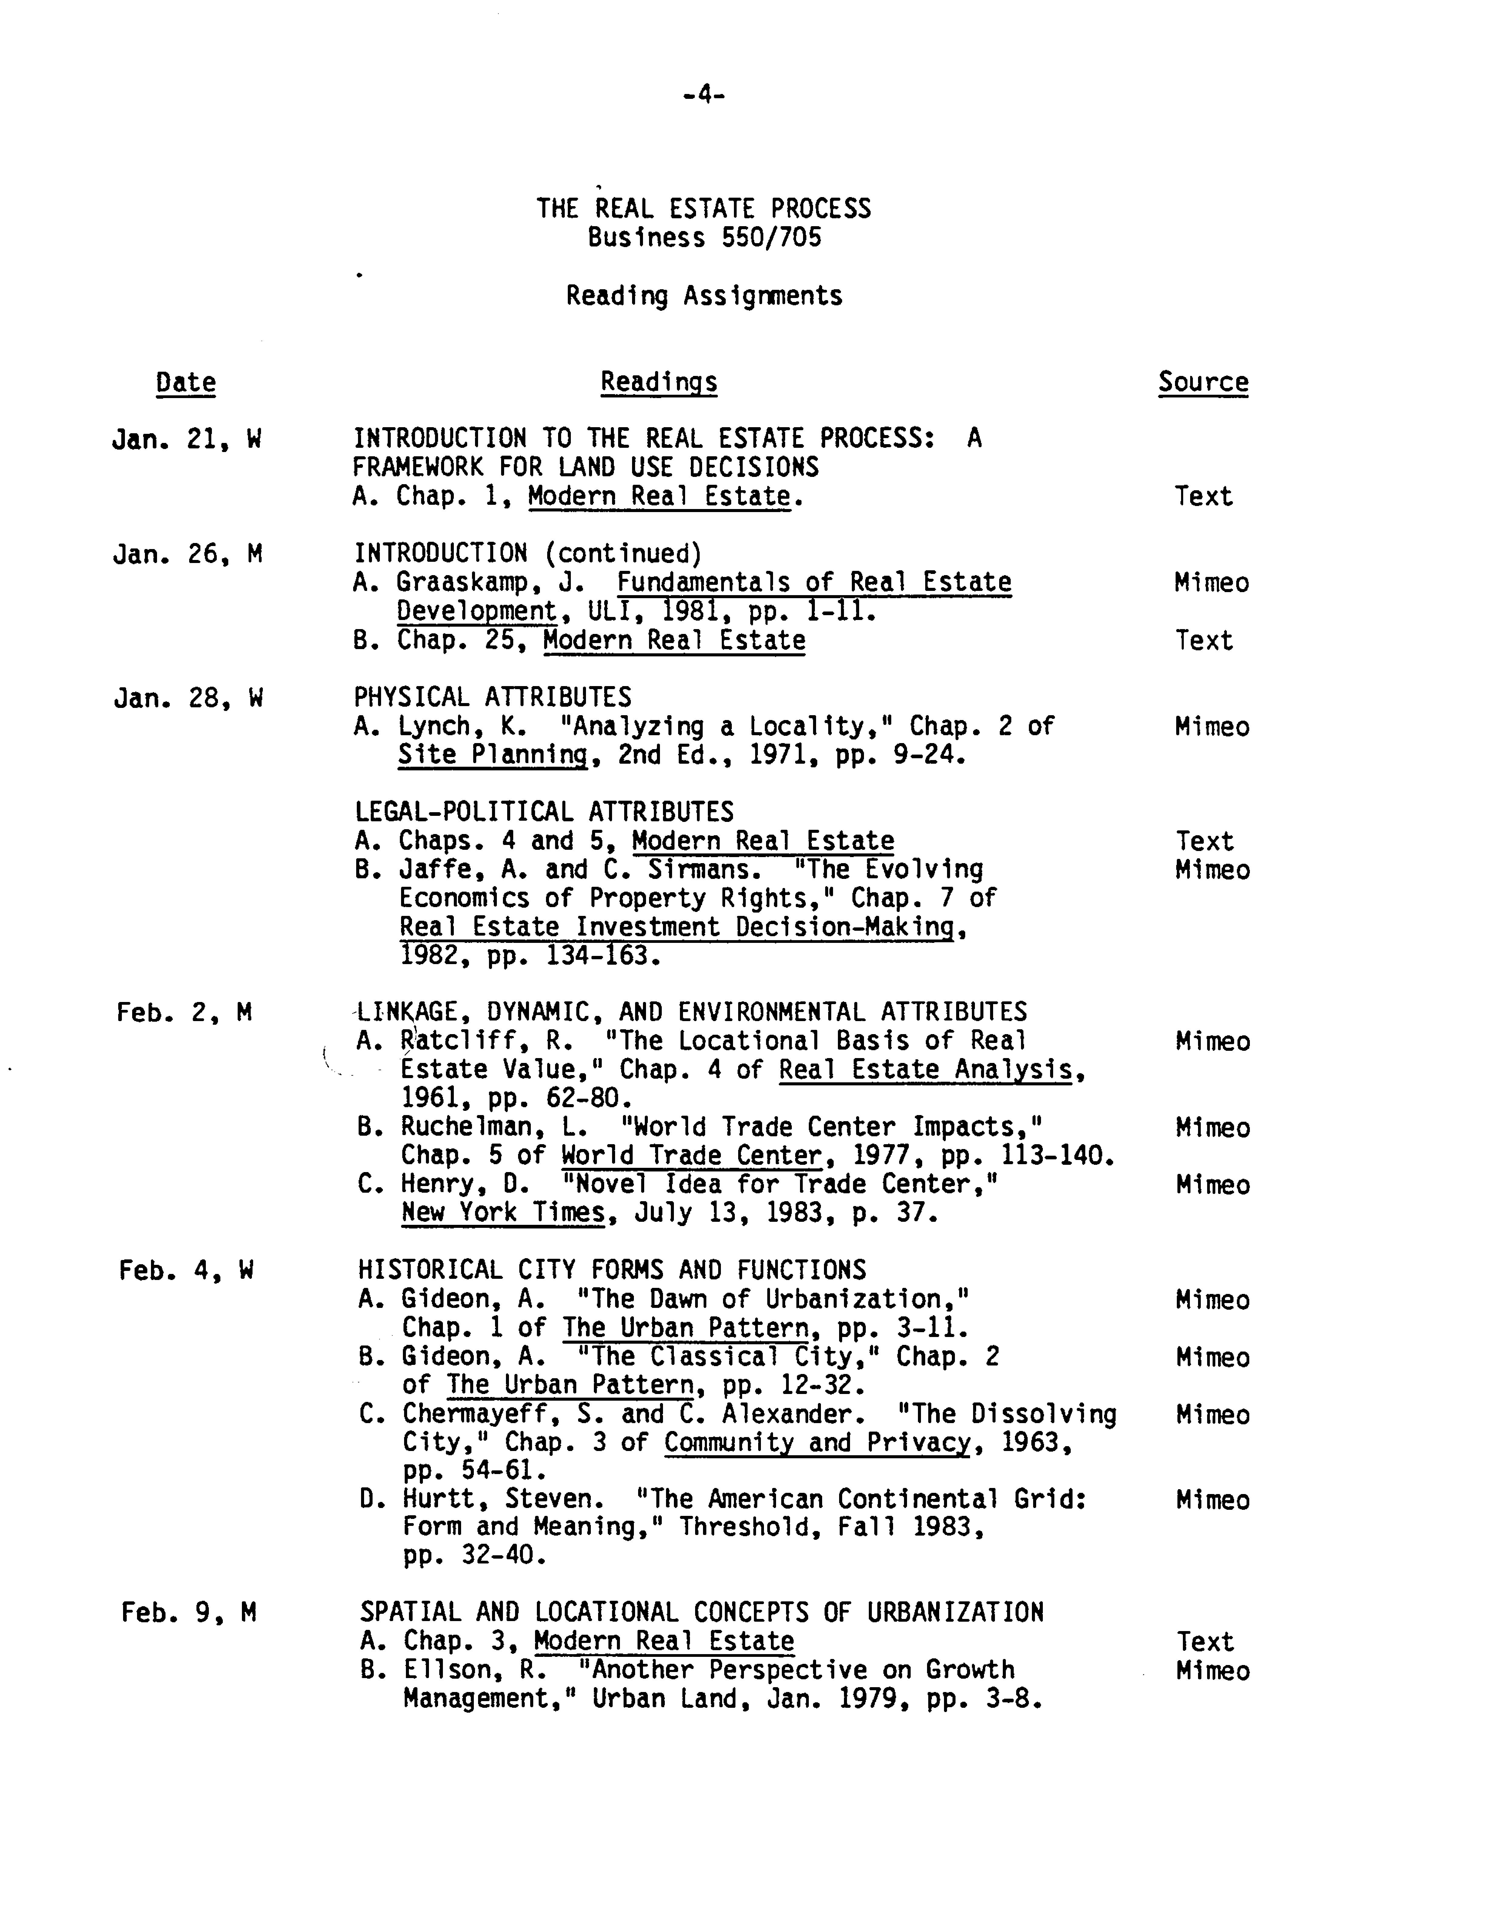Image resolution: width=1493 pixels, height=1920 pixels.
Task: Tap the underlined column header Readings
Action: coord(658,382)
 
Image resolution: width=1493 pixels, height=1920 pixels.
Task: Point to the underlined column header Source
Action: coord(1203,382)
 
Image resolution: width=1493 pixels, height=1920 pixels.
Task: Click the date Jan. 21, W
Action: coord(186,439)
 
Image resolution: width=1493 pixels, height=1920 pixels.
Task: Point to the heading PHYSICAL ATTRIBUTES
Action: coord(492,697)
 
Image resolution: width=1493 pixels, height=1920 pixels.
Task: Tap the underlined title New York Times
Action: coord(504,1213)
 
